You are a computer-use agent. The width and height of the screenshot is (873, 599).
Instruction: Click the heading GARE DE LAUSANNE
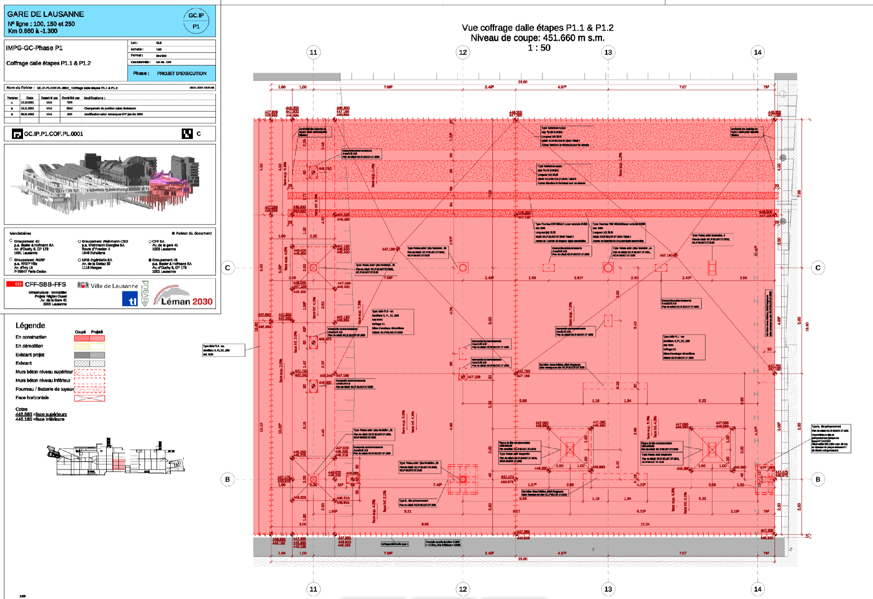46,14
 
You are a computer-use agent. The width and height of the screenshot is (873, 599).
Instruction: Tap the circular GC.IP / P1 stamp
196,21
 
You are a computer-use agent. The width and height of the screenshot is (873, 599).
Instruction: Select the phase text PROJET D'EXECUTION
181,73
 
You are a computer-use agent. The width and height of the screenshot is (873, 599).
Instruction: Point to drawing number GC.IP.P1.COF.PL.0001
54,134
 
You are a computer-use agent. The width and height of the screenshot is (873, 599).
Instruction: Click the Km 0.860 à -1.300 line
33,31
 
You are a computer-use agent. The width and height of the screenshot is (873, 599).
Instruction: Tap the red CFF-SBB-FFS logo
15,284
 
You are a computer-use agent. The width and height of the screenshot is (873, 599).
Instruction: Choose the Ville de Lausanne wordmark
114,286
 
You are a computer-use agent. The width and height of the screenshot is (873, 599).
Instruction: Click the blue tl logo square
130,299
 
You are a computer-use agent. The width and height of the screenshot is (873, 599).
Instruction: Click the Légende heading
30,326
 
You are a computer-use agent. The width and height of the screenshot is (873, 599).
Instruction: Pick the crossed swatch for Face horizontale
90,398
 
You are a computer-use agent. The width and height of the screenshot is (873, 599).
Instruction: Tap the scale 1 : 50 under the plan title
539,48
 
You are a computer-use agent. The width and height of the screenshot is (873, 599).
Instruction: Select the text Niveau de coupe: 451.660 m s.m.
537,38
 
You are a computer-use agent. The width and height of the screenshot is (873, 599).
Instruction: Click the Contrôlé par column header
71,98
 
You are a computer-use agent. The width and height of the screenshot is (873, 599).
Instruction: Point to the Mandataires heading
20,233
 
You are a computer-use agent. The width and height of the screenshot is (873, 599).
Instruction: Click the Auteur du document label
194,233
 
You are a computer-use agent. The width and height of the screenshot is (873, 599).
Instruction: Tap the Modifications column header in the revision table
94,98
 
